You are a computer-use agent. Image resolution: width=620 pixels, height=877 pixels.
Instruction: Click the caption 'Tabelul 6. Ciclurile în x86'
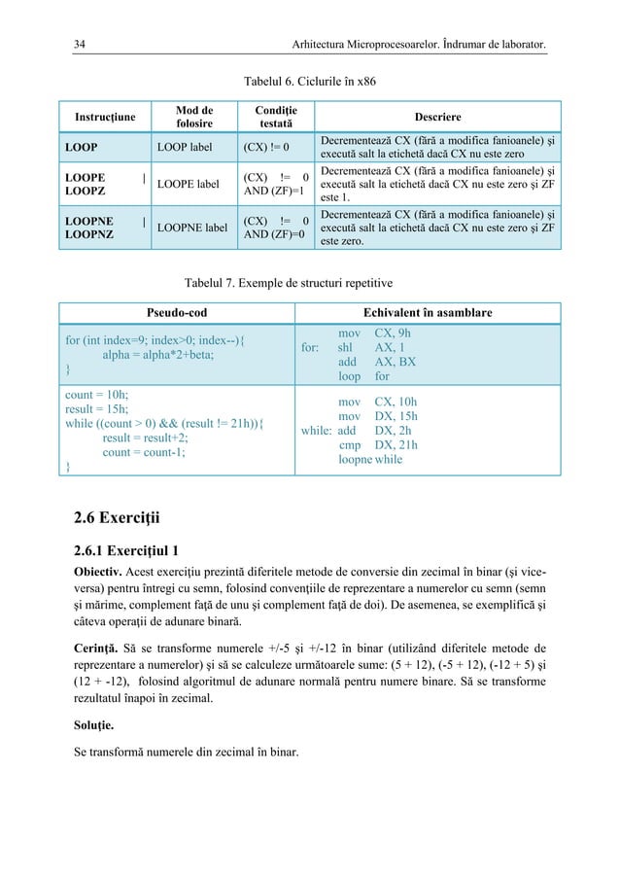pyautogui.click(x=309, y=81)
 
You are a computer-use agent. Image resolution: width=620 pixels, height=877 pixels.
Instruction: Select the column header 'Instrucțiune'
pyautogui.click(x=100, y=118)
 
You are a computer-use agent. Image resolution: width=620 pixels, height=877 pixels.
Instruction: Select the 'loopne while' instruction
pyautogui.click(x=370, y=460)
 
